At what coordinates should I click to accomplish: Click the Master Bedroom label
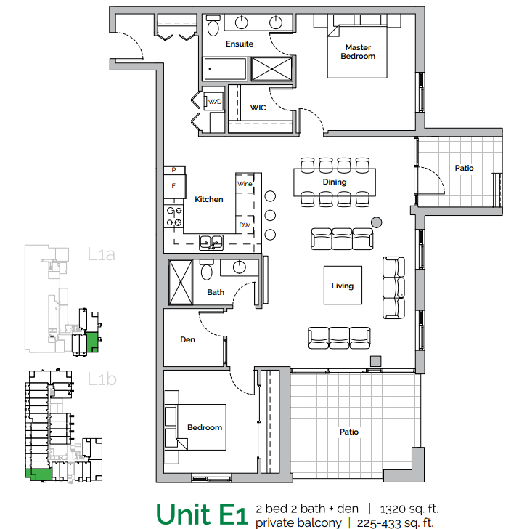tap(358, 52)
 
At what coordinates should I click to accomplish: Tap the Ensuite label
tap(240, 44)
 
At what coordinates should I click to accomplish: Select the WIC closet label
tap(258, 108)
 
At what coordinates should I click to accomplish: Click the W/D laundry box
tap(214, 102)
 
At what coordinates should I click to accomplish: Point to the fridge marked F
tap(173, 186)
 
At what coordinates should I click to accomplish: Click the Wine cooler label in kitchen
tap(245, 185)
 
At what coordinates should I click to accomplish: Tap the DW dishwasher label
tap(245, 225)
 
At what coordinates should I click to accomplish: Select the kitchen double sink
tap(211, 242)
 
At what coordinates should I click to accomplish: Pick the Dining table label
tap(335, 182)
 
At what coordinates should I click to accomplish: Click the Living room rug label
tap(343, 286)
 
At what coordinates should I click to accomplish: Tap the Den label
tap(187, 339)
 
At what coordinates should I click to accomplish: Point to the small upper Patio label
tap(464, 168)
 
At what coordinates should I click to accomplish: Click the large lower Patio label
tap(349, 432)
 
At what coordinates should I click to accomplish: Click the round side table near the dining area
tap(376, 222)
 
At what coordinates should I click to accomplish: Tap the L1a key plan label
tap(102, 255)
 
